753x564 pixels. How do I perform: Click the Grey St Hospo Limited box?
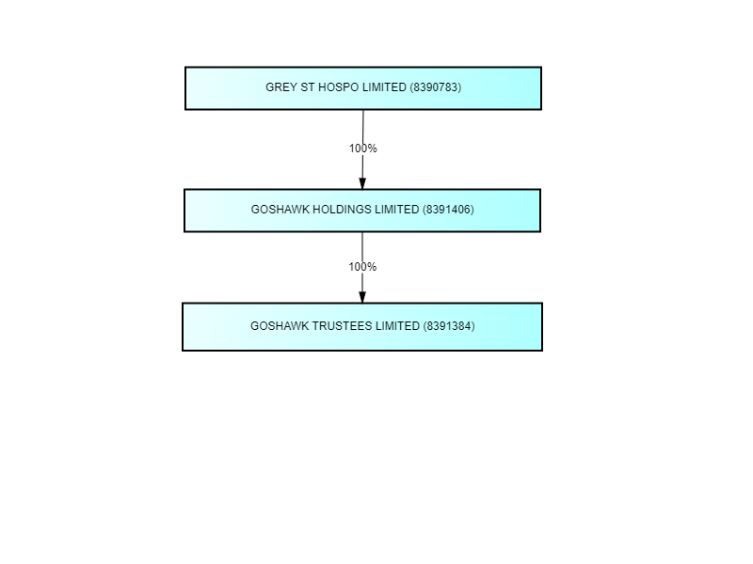363,88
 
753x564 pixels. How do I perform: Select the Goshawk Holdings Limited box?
362,211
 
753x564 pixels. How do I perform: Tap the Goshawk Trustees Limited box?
362,326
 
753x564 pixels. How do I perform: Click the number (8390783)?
436,87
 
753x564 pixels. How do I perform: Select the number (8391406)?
448,210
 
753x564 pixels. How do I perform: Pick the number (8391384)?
449,326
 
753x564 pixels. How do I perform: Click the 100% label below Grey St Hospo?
363,149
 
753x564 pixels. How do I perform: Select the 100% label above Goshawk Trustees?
362,267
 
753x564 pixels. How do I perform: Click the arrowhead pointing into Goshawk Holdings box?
362,183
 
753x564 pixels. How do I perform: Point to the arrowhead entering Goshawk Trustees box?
362,297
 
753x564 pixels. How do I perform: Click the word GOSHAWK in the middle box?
280,210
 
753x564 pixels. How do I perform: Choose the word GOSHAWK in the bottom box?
280,326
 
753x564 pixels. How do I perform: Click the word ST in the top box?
308,87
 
